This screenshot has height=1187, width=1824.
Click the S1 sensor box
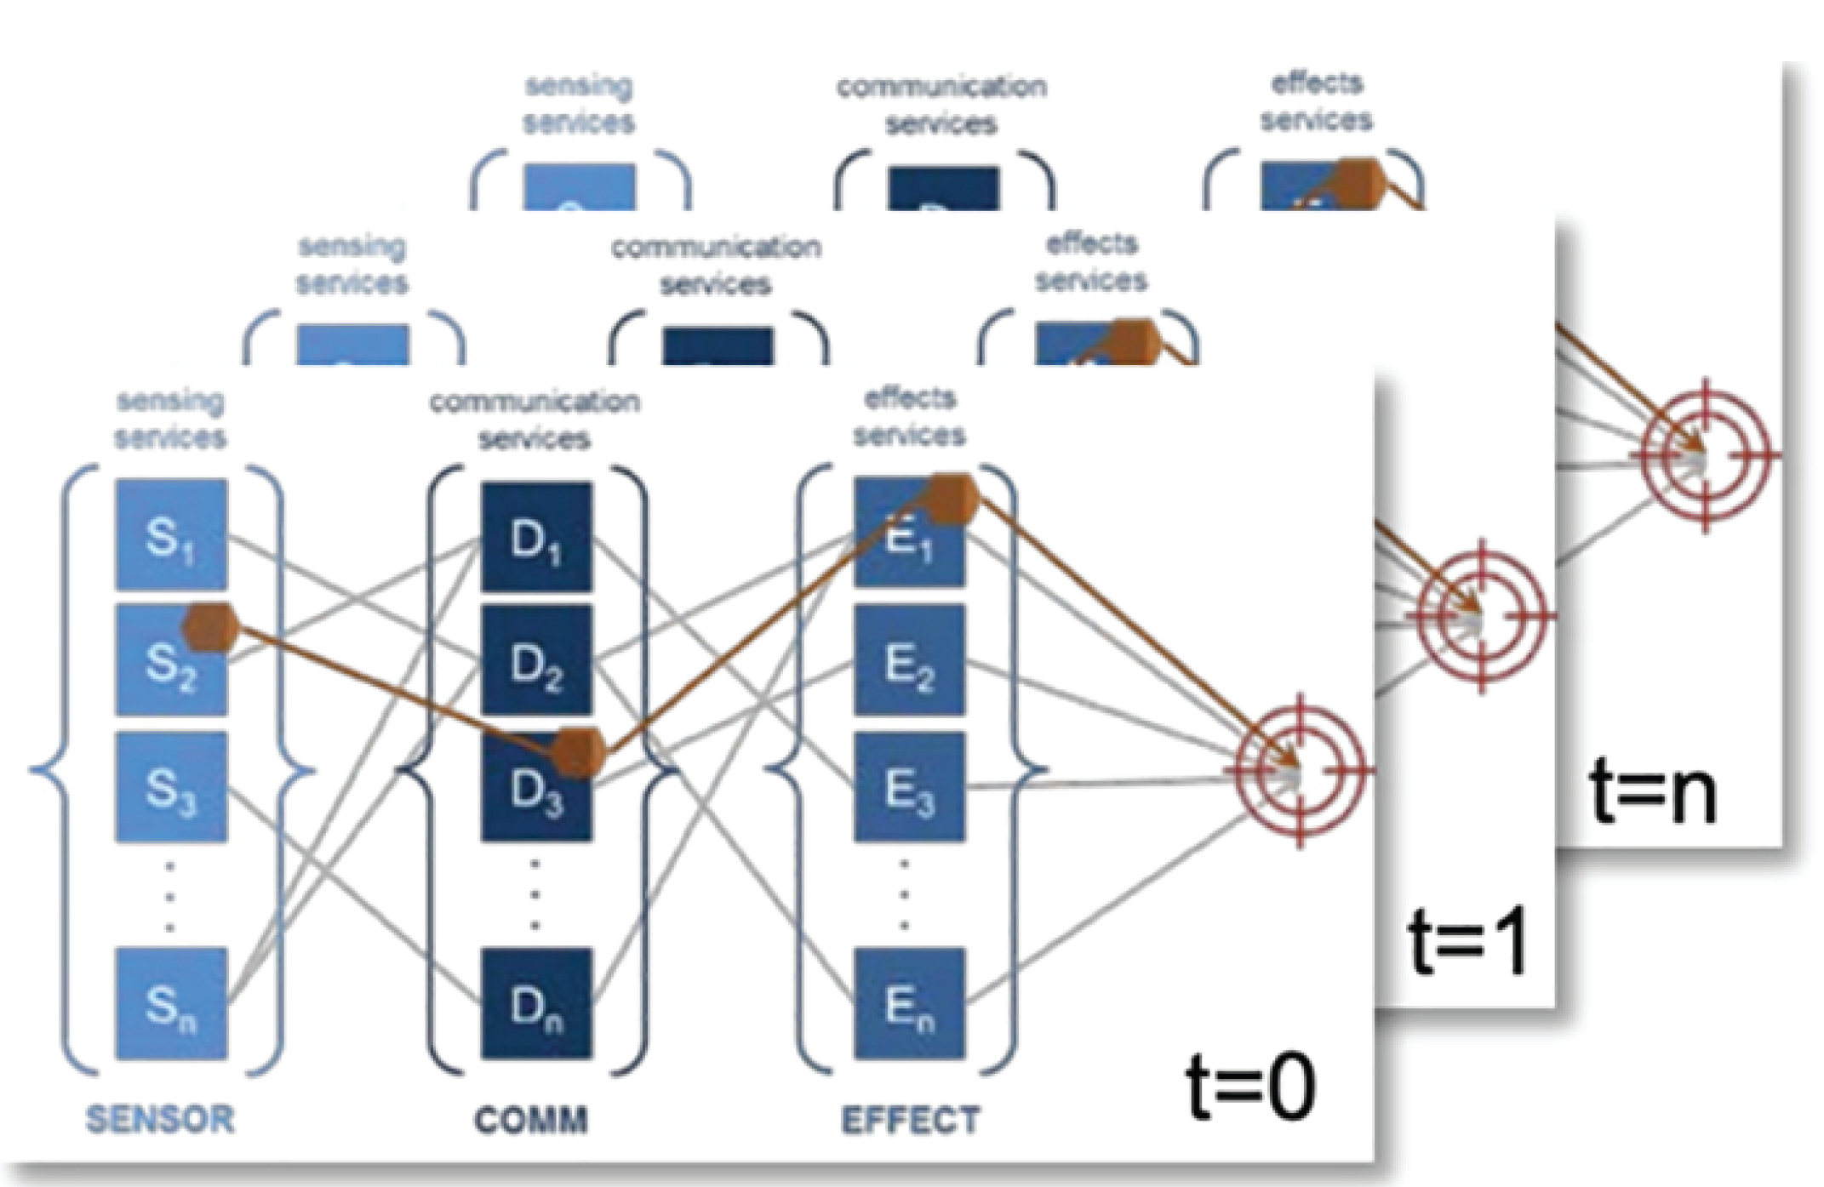(171, 534)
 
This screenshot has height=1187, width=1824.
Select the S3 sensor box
(171, 787)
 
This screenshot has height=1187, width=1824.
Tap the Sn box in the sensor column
(171, 1004)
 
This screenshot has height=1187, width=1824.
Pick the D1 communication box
(536, 537)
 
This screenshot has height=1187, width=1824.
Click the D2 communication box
(536, 660)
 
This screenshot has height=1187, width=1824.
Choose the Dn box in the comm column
(536, 1004)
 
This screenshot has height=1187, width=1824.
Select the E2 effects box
(909, 660)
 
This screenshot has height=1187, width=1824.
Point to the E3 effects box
(909, 787)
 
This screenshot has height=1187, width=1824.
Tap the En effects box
(909, 1004)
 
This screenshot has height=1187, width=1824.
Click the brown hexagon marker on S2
(210, 628)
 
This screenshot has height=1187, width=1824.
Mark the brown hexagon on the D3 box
(578, 753)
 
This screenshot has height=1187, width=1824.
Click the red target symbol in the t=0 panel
(1299, 771)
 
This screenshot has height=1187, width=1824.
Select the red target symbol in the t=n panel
(1705, 456)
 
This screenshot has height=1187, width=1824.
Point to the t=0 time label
(1251, 1087)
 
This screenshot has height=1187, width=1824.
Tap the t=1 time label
(1468, 941)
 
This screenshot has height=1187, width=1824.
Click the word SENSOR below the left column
(160, 1119)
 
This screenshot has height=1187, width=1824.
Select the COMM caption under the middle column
(531, 1120)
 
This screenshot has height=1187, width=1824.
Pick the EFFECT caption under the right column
(911, 1120)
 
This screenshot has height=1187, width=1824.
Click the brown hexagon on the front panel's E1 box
(951, 499)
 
